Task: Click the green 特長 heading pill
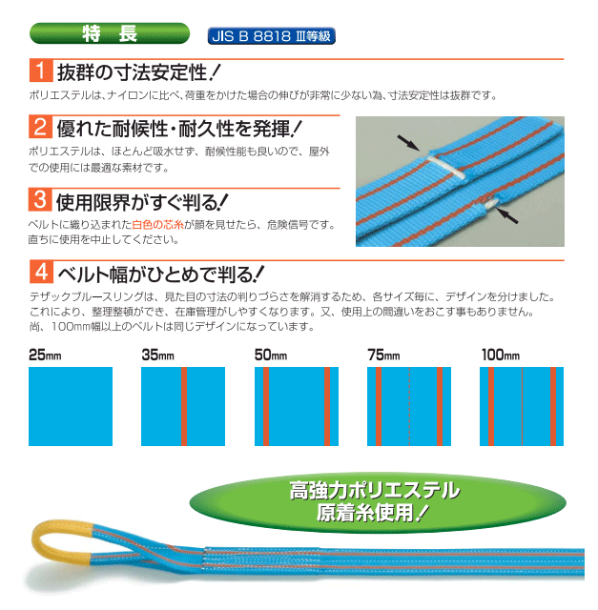pyautogui.click(x=110, y=33)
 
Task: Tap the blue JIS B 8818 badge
pyautogui.click(x=272, y=36)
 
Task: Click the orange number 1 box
pyautogui.click(x=41, y=71)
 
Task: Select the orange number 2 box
pyautogui.click(x=40, y=127)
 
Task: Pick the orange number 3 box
pyautogui.click(x=40, y=200)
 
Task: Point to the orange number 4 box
pyautogui.click(x=41, y=272)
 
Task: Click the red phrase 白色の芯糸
pyautogui.click(x=157, y=225)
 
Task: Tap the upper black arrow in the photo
pyautogui.click(x=408, y=143)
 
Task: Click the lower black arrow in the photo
pyautogui.click(x=506, y=215)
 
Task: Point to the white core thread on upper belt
pyautogui.click(x=446, y=167)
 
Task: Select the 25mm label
pyautogui.click(x=45, y=355)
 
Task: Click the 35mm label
pyautogui.click(x=157, y=355)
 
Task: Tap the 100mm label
pyautogui.click(x=501, y=355)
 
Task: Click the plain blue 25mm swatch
pyautogui.click(x=71, y=406)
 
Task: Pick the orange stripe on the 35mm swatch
pyautogui.click(x=184, y=406)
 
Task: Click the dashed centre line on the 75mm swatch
pyautogui.click(x=409, y=406)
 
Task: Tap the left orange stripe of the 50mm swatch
pyautogui.click(x=266, y=406)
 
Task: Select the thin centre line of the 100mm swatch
pyautogui.click(x=522, y=406)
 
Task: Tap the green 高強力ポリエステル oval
pyautogui.click(x=378, y=502)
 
